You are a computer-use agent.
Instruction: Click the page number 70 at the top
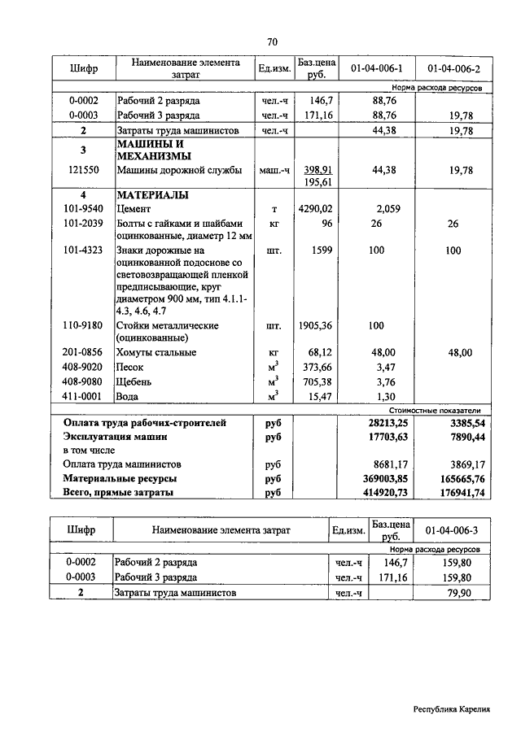(272, 42)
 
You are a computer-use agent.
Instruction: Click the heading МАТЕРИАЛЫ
(153, 196)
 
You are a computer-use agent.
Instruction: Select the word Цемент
(135, 209)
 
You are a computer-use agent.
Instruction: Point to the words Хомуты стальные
(156, 353)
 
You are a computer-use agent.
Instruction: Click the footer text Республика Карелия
(451, 709)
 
